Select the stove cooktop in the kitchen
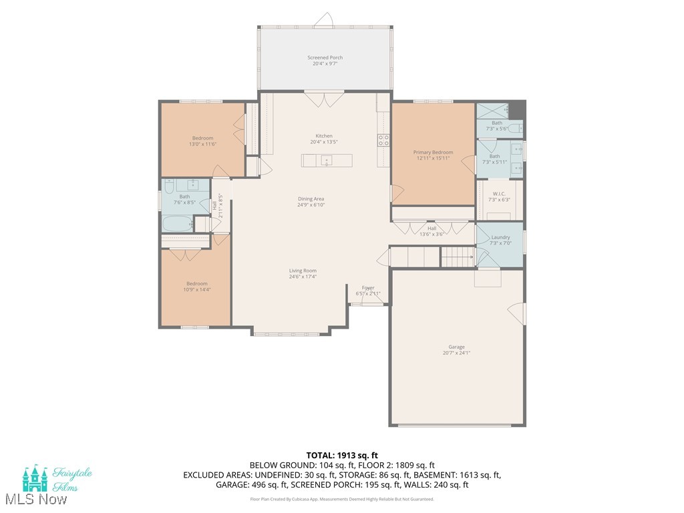coord(384,140)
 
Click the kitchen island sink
coord(326,160)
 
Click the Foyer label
coord(368,288)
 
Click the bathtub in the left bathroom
coord(177,224)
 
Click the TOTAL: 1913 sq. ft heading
coord(341,455)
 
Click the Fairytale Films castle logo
coord(35,478)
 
